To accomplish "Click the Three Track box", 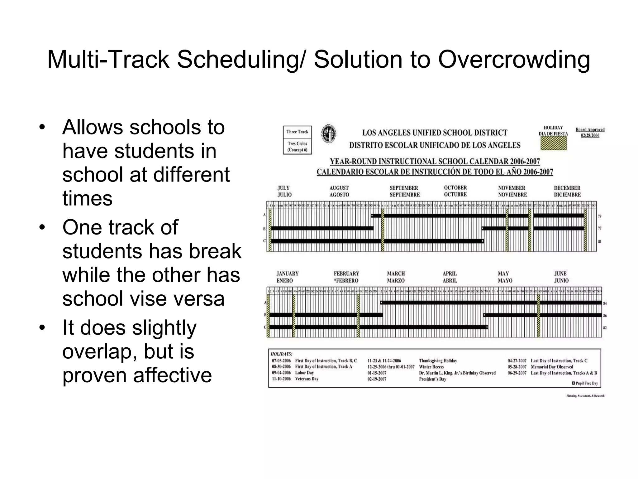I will (297, 140).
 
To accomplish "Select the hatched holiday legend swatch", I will (553, 143).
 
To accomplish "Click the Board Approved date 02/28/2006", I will (590, 136).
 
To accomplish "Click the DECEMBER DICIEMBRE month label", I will (567, 191).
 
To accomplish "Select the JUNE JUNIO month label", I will (561, 277).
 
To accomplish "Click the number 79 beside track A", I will (600, 216).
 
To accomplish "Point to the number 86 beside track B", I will (605, 316).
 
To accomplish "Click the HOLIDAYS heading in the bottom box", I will (281, 354).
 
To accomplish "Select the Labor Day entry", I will (304, 373).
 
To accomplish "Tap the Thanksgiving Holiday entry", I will (438, 361).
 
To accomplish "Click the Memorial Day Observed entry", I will (552, 367).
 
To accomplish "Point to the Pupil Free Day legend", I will (585, 383).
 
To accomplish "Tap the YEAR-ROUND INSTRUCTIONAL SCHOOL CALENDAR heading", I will (435, 162).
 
